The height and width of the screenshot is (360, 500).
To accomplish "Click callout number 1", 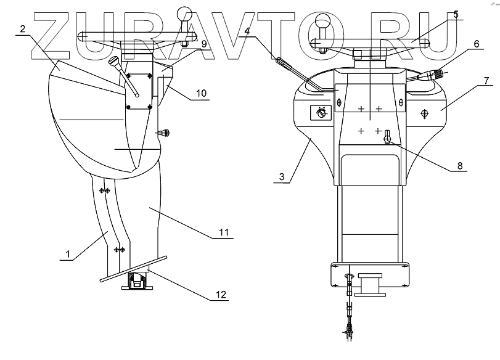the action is point(68,254).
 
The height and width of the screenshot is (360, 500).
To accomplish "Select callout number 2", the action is point(22,29).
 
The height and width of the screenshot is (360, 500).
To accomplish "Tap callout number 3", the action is point(282,177).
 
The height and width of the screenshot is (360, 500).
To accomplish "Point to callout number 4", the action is point(247,31).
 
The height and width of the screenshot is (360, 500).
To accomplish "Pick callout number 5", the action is point(456,14).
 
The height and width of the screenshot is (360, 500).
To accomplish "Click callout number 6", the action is point(477,44).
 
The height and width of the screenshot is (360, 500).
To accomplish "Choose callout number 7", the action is point(486,81).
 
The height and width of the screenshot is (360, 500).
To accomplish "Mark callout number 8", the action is point(460,166).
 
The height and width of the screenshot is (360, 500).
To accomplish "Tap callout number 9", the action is point(204,44).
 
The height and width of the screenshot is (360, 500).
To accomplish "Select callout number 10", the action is point(201,94).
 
